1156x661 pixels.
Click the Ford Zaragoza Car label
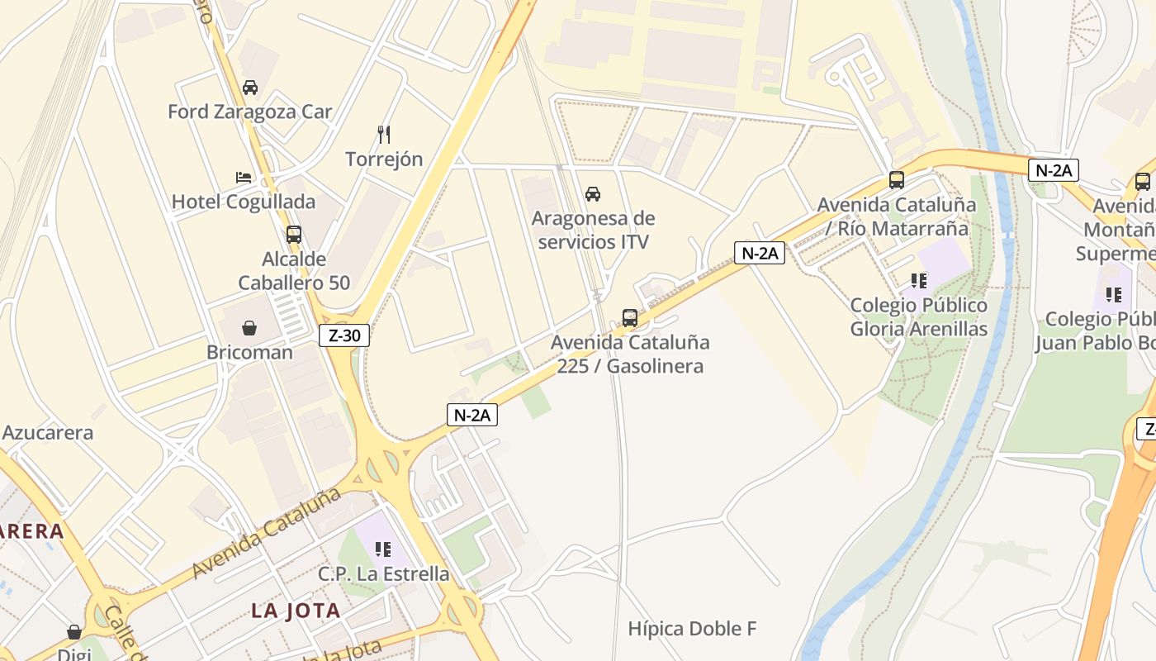[x=249, y=112]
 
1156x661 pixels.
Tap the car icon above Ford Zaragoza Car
[x=249, y=88]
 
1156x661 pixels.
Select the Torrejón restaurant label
[x=384, y=159]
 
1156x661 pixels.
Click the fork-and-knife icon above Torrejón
[x=384, y=134]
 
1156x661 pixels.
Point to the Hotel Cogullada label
[x=244, y=202]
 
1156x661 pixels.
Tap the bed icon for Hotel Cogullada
[x=244, y=178]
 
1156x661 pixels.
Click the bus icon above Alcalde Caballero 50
[x=294, y=235]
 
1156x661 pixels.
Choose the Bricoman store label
[x=249, y=352]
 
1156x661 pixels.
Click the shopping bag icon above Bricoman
[x=249, y=328]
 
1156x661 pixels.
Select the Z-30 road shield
[x=343, y=335]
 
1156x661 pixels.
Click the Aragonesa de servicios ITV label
[x=593, y=230]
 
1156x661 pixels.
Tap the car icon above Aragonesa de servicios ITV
[x=593, y=195]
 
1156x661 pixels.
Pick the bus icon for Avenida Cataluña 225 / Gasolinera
[x=630, y=317]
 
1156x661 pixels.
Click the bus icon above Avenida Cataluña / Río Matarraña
[x=897, y=179]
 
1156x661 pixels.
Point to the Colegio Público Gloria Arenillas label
[x=919, y=317]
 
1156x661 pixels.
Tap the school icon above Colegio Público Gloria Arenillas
[x=919, y=281]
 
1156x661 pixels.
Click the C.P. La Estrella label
[x=384, y=573]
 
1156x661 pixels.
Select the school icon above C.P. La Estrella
[x=382, y=549]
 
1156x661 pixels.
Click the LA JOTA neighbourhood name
[x=296, y=611]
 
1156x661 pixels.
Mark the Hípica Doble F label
[x=692, y=629]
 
